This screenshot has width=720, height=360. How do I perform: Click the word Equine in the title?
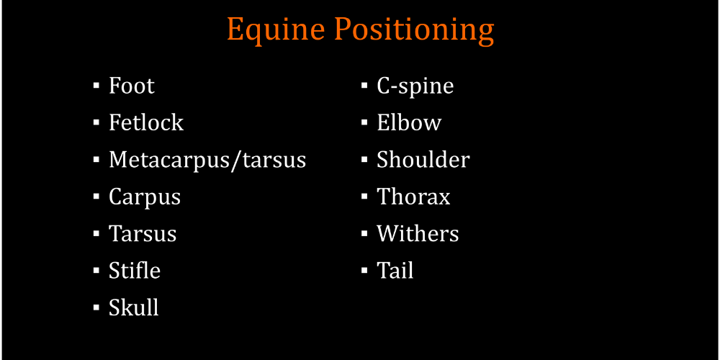(276, 31)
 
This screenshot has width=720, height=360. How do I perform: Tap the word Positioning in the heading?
(414, 31)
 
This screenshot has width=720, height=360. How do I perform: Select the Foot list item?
(131, 86)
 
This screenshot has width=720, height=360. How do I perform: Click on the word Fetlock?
(146, 122)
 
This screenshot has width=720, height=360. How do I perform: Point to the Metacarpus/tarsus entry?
(207, 161)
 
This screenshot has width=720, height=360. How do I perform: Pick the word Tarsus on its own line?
(143, 234)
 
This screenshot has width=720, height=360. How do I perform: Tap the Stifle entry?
(135, 271)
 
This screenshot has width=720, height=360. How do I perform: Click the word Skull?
(134, 307)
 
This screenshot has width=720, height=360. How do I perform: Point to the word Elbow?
(409, 122)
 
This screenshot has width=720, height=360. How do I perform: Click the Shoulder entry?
(423, 159)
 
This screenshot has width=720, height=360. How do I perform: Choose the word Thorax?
(413, 197)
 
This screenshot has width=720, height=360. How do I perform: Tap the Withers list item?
(418, 233)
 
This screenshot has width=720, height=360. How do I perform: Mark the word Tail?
(395, 271)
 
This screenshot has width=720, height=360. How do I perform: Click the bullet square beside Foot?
(96, 86)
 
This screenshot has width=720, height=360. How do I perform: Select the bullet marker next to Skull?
(96, 307)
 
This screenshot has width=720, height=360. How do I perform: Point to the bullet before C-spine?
(364, 86)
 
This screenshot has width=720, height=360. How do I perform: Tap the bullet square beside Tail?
(364, 271)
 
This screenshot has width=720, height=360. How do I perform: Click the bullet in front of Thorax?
(364, 197)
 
